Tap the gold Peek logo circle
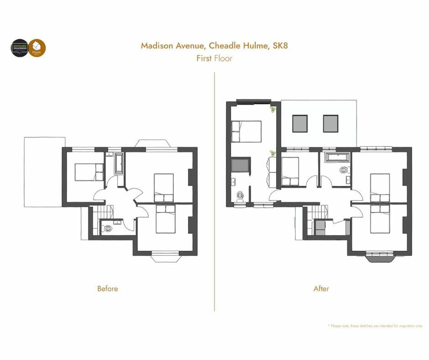pos(37,48)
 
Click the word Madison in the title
pos(157,46)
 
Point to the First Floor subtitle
pos(214,58)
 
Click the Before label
pos(107,289)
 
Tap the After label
pos(321,289)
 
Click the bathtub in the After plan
pos(337,158)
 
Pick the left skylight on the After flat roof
pos(299,123)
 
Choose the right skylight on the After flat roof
pos(331,123)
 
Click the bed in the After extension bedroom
pos(246,131)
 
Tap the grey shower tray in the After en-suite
pos(241,167)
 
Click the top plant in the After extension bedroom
pos(273,110)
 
